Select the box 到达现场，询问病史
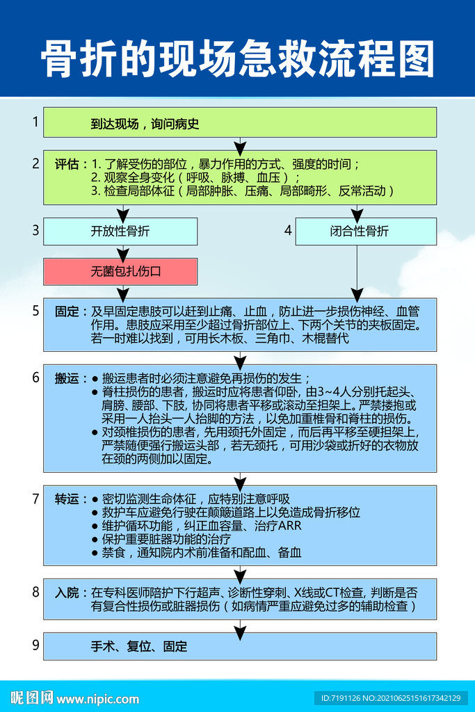click(x=240, y=122)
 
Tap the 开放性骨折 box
click(x=120, y=232)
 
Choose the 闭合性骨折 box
click(x=366, y=232)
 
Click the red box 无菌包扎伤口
click(x=120, y=271)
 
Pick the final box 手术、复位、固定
click(x=240, y=646)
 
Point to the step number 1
click(x=35, y=122)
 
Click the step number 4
click(x=288, y=230)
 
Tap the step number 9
click(x=35, y=645)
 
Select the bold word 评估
click(x=70, y=165)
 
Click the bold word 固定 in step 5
click(x=70, y=311)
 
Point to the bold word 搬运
click(x=70, y=378)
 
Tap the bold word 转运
click(x=70, y=499)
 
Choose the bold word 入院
click(x=70, y=593)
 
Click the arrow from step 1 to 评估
click(x=240, y=144)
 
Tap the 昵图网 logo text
click(x=31, y=697)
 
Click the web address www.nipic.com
click(x=93, y=698)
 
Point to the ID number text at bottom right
click(x=390, y=697)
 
